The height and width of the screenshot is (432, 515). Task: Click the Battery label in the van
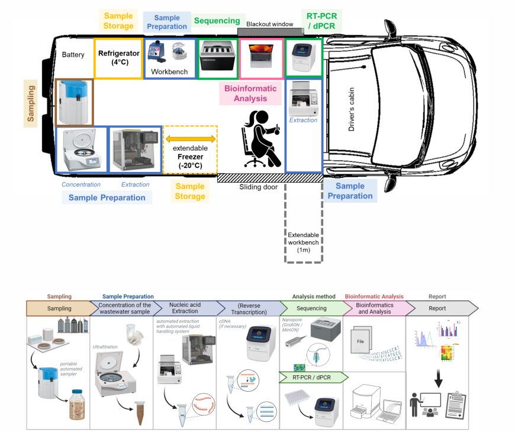pos(74,55)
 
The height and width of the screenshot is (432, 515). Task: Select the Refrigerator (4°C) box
pos(118,57)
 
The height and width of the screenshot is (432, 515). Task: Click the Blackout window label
pos(270,24)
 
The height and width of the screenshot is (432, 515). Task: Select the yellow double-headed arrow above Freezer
pos(190,139)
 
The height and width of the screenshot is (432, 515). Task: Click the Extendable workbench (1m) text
pos(303,242)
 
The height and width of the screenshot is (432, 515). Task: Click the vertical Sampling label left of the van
pos(31,103)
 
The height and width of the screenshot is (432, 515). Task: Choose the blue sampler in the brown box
pos(75,101)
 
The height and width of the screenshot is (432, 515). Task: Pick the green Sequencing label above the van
pos(217,21)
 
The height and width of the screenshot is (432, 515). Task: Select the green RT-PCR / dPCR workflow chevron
pos(311,376)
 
